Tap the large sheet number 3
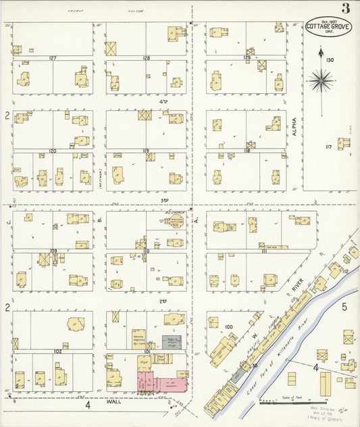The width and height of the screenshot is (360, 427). click(x=345, y=9)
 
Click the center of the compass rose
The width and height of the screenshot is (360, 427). click(x=320, y=82)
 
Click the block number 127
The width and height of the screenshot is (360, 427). click(x=52, y=58)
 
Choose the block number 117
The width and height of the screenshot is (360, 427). click(x=328, y=147)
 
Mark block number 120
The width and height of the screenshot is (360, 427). click(x=52, y=151)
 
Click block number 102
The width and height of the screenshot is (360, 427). click(x=58, y=351)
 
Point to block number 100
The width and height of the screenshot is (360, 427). click(x=228, y=327)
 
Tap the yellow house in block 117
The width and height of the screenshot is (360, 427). click(x=344, y=143)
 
